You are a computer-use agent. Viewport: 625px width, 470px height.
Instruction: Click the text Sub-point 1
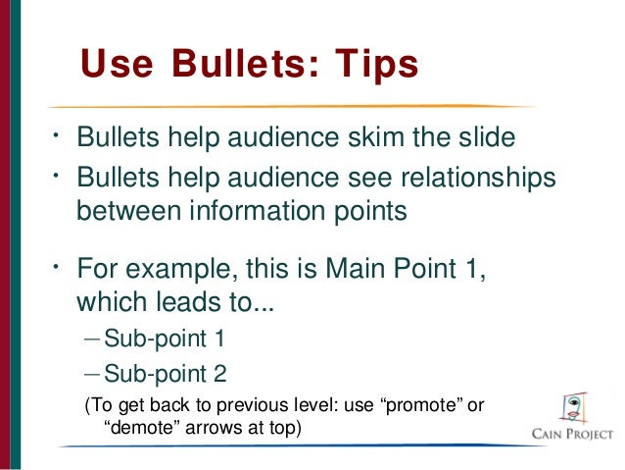[x=164, y=339]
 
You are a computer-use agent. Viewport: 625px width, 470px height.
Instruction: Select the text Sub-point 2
[x=164, y=373]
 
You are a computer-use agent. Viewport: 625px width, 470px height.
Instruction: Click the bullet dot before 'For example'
[x=58, y=264]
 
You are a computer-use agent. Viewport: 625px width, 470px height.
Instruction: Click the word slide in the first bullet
[x=483, y=137]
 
